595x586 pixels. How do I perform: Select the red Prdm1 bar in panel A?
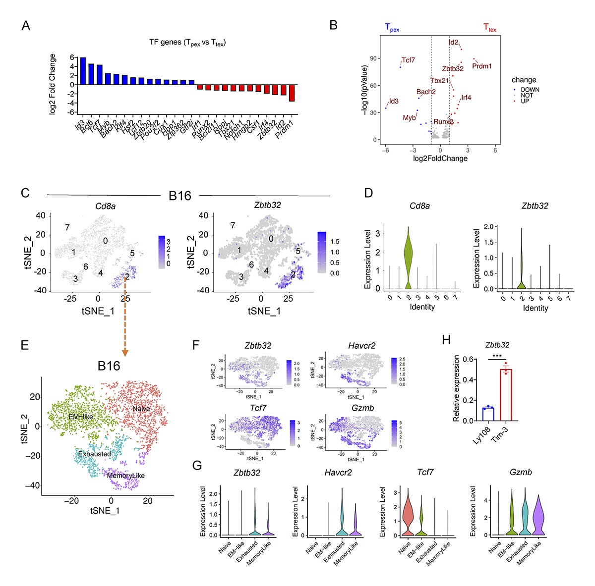tap(292, 93)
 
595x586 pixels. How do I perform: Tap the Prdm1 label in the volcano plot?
tap(481, 66)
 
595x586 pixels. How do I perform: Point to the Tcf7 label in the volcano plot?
tap(408, 60)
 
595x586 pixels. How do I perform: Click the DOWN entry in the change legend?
tap(530, 90)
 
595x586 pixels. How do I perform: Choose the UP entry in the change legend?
tap(525, 101)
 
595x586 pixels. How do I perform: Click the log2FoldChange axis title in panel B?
tap(440, 159)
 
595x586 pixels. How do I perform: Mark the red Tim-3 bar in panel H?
tap(505, 395)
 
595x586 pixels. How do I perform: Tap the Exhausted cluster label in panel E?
tap(94, 454)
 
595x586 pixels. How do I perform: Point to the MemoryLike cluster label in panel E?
tap(126, 476)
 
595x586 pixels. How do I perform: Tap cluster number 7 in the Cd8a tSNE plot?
tap(66, 227)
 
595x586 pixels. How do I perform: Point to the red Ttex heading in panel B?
tap(489, 28)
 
